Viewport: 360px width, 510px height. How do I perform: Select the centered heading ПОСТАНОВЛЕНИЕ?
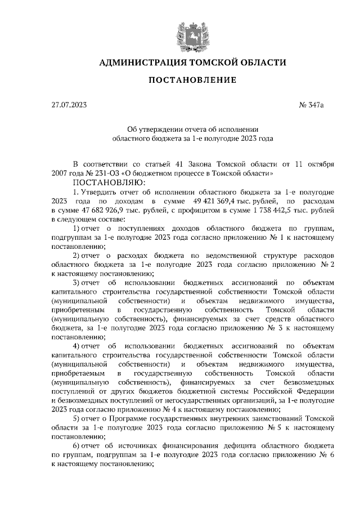click(192, 80)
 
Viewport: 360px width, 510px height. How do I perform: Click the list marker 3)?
click(78, 282)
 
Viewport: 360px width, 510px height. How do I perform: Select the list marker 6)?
click(78, 446)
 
